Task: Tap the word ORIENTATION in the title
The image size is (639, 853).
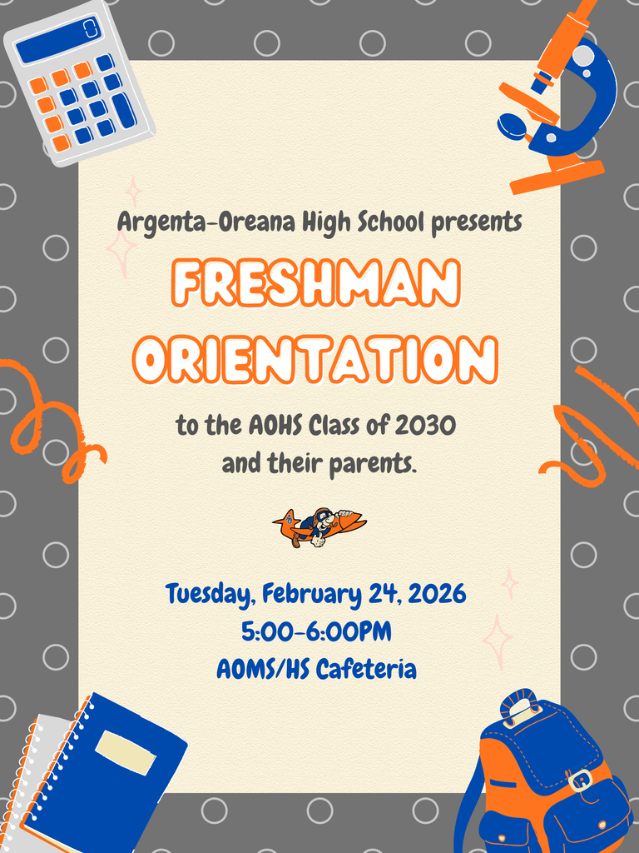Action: (316, 360)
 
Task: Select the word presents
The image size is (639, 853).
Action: (477, 222)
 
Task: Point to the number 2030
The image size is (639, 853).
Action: (425, 426)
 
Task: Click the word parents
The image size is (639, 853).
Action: (372, 463)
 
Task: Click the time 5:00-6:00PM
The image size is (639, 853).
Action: (316, 631)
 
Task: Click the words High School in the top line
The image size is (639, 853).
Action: (363, 222)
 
